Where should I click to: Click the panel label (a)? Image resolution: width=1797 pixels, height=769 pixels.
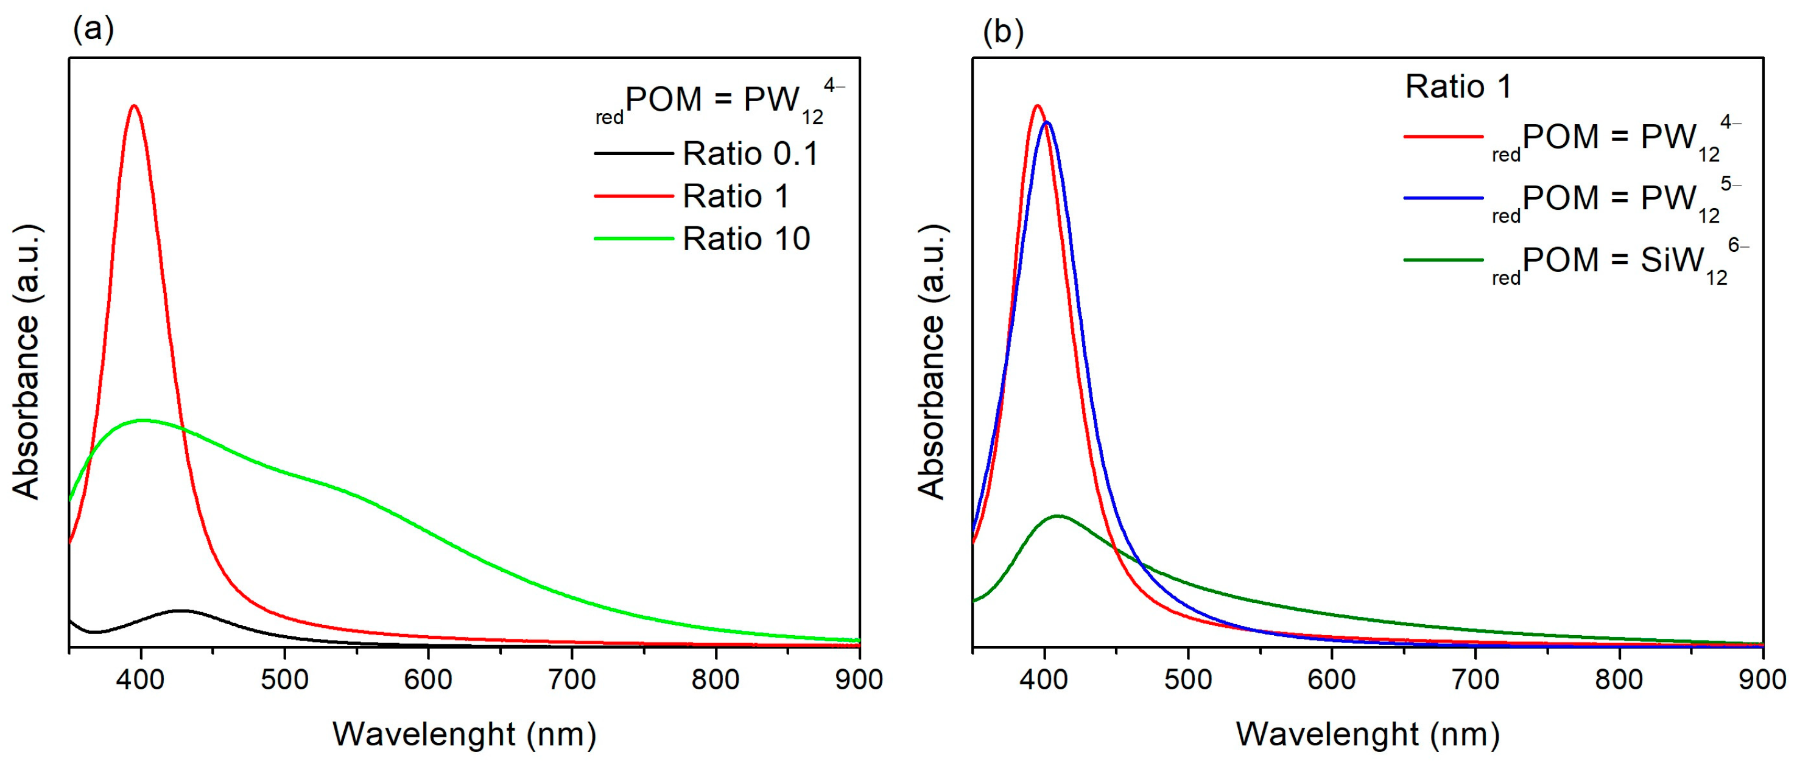click(x=94, y=29)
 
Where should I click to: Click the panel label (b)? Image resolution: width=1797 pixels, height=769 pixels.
click(x=1002, y=32)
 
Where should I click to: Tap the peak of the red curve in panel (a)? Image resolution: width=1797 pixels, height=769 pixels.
click(x=134, y=106)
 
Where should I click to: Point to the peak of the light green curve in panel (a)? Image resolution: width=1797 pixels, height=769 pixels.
click(x=144, y=420)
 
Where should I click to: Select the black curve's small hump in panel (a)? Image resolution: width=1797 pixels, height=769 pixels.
click(x=181, y=611)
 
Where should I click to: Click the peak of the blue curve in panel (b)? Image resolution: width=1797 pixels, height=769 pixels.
click(x=1046, y=123)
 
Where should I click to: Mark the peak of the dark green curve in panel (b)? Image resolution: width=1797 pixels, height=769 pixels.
click(x=1058, y=516)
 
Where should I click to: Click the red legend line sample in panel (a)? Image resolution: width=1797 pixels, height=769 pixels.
click(x=633, y=197)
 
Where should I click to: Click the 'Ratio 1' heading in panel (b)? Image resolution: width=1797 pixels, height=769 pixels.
click(x=1458, y=87)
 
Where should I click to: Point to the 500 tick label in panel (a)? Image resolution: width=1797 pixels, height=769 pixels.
click(x=284, y=680)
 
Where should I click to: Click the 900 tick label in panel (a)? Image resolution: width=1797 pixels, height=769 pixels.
click(x=859, y=680)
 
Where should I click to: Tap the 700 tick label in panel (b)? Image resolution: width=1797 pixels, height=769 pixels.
click(x=1475, y=680)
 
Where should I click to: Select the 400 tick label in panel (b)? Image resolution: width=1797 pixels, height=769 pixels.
click(x=1044, y=680)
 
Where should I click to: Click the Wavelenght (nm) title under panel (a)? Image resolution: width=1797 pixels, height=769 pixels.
click(x=464, y=735)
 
